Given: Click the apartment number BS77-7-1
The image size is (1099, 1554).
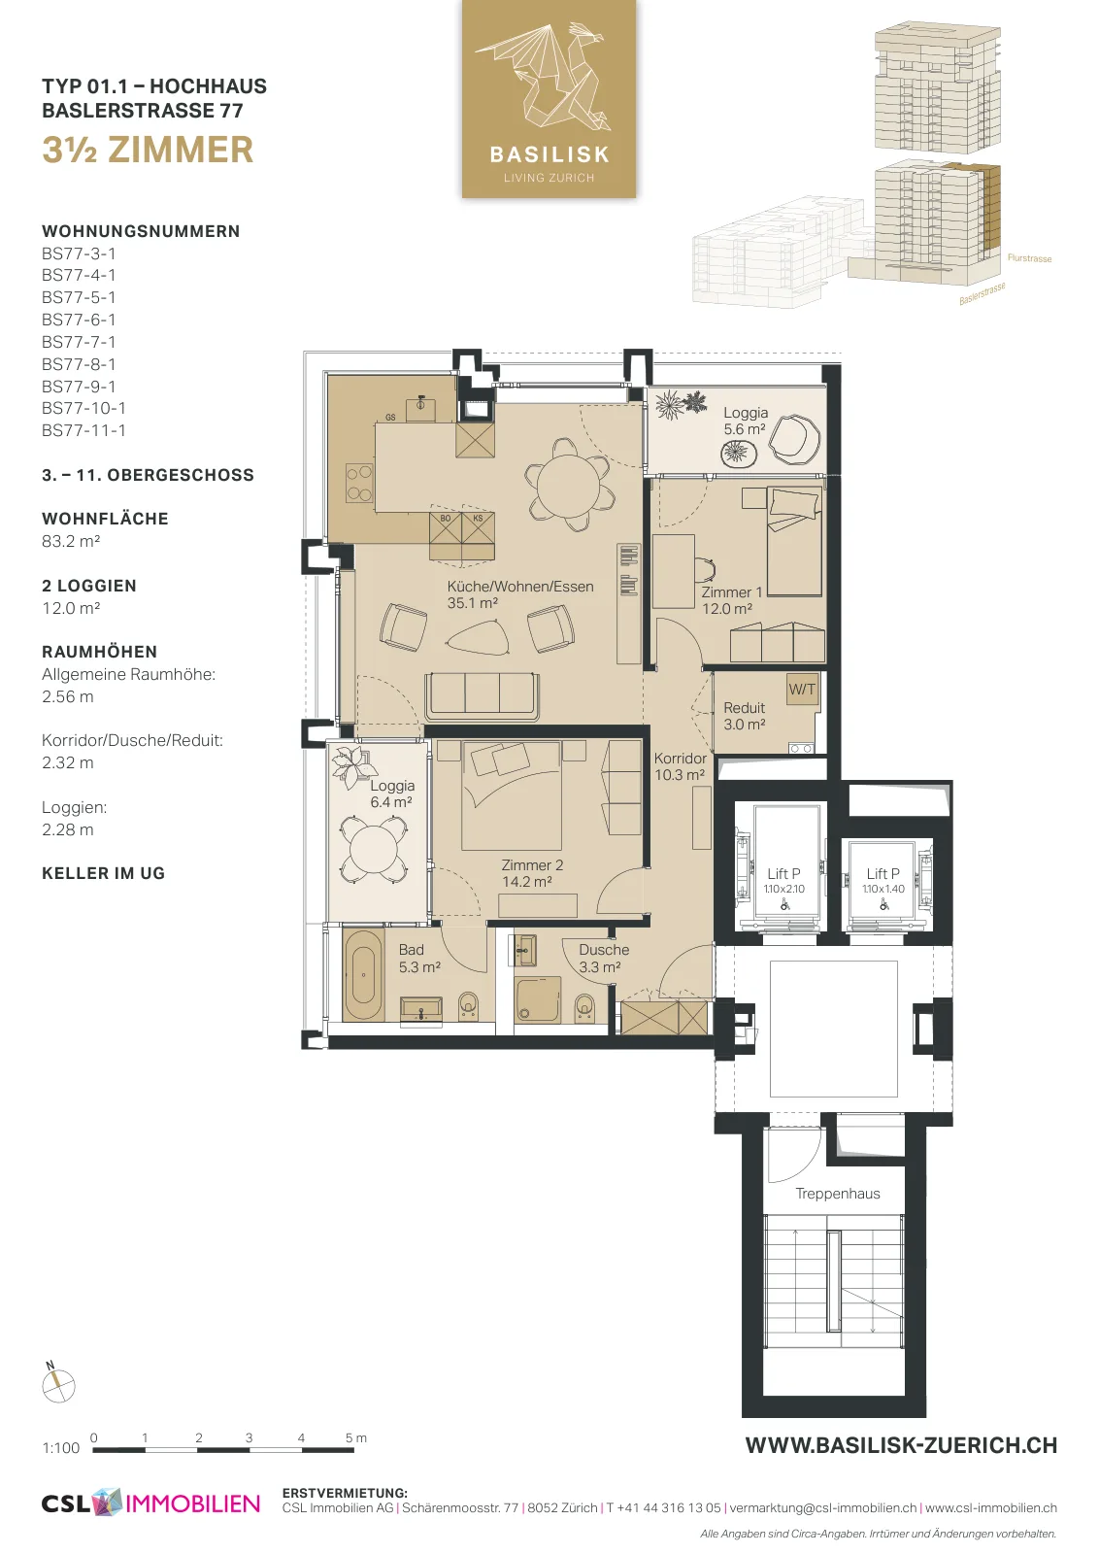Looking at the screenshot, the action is pyautogui.click(x=79, y=342).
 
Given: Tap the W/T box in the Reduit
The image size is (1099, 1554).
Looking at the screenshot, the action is pyautogui.click(x=802, y=689).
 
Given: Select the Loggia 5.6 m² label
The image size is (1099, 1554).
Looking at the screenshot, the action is pyautogui.click(x=746, y=422).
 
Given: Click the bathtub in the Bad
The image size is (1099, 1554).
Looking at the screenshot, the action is pyautogui.click(x=363, y=975).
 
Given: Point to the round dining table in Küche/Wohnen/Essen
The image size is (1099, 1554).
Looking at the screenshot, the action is pyautogui.click(x=570, y=485).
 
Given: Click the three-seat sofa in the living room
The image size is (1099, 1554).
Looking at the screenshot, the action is pyautogui.click(x=483, y=696).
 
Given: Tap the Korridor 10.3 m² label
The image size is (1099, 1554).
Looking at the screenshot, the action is pyautogui.click(x=680, y=766).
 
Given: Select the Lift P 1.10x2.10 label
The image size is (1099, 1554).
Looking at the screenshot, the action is pyautogui.click(x=784, y=880).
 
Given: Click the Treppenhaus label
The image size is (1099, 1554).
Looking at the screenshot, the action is pyautogui.click(x=838, y=1194).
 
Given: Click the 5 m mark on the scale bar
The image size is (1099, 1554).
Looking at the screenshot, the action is pyautogui.click(x=355, y=1438).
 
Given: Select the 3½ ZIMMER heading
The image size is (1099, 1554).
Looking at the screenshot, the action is pyautogui.click(x=148, y=150).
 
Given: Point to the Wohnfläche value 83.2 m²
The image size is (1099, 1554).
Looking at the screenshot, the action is pyautogui.click(x=71, y=541).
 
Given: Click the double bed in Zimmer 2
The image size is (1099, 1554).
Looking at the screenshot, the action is pyautogui.click(x=511, y=795).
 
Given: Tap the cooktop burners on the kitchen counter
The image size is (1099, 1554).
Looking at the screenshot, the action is pyautogui.click(x=359, y=484).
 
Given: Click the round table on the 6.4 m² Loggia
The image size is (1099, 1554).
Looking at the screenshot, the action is pyautogui.click(x=373, y=849).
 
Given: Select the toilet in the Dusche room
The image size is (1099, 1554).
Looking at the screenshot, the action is pyautogui.click(x=585, y=1007).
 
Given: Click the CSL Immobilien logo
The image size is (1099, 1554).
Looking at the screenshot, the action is pyautogui.click(x=150, y=1503).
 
